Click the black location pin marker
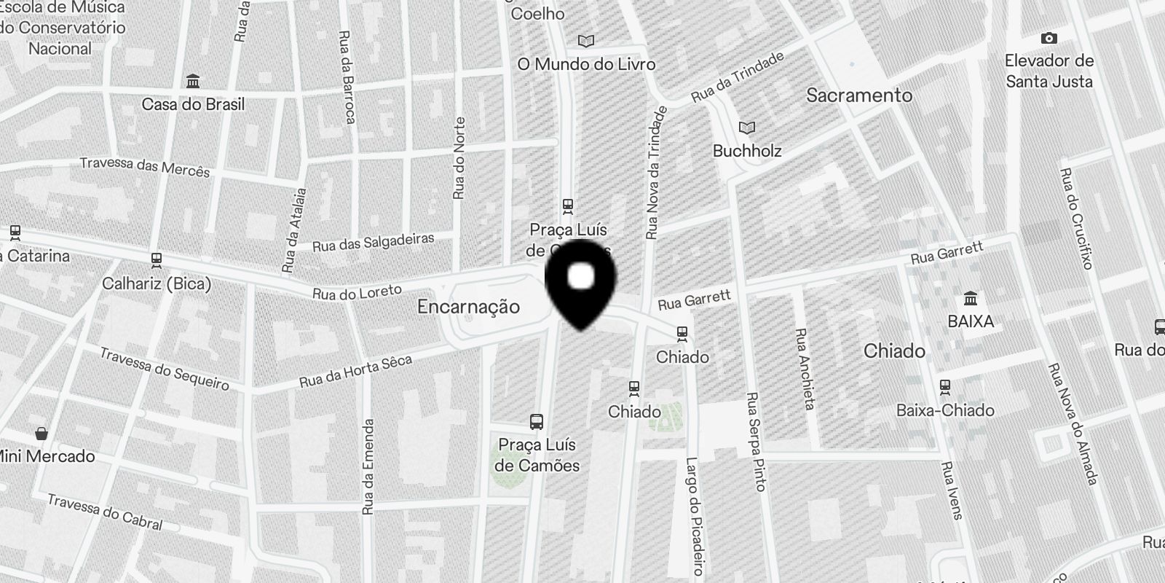click(x=580, y=281)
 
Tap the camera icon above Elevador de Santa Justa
click(x=1048, y=38)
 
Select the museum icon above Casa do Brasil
click(x=193, y=80)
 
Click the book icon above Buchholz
click(x=747, y=128)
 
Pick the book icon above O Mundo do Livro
click(x=585, y=41)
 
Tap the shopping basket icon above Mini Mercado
click(x=42, y=433)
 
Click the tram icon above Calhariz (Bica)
click(x=156, y=259)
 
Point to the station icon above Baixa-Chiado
click(x=945, y=386)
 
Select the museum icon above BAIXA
click(x=970, y=298)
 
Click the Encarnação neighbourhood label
click(x=468, y=307)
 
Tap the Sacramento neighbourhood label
click(x=859, y=95)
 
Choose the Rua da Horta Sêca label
click(x=356, y=372)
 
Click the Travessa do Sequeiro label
click(x=164, y=369)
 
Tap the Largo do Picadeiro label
click(x=694, y=516)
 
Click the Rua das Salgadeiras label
click(x=373, y=242)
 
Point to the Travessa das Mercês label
click(x=144, y=167)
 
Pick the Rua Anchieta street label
click(x=804, y=368)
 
